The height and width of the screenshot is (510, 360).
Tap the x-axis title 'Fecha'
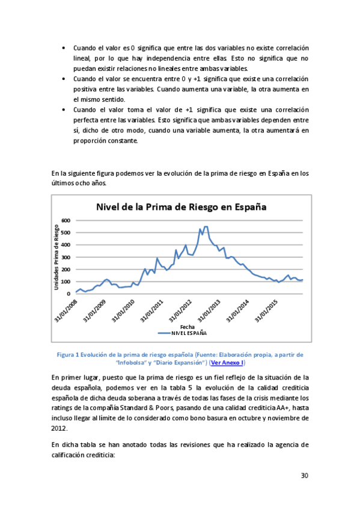coord(187,326)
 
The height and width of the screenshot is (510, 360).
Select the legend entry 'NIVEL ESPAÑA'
coord(189,332)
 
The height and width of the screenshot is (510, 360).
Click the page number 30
coord(304,476)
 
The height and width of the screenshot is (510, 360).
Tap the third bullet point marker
coord(64,110)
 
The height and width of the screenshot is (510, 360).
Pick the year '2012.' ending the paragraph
coord(59,428)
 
